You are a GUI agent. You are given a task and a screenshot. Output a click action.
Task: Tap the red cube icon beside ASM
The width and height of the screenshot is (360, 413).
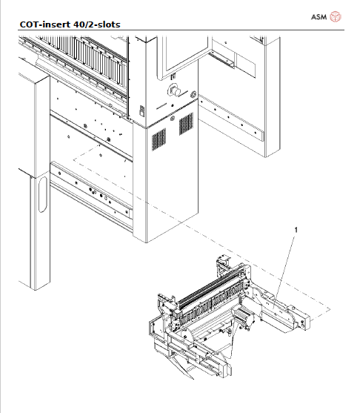336,16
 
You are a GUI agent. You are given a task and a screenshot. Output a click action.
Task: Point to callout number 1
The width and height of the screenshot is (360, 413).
297,231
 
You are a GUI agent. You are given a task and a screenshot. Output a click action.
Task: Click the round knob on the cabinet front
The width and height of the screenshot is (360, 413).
176,90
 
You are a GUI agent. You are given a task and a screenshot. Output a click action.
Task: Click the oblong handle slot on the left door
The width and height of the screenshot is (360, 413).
41,194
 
